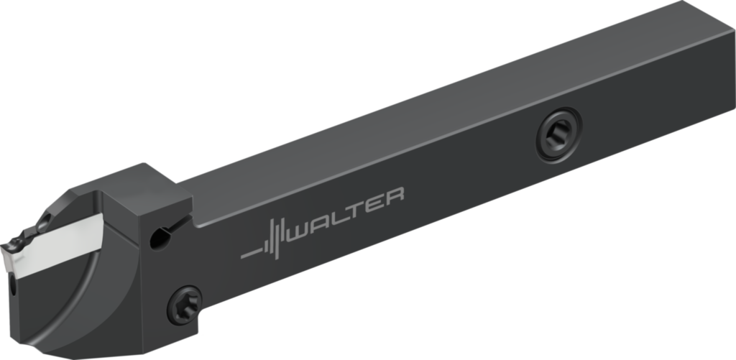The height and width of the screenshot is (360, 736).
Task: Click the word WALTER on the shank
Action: [x=345, y=215]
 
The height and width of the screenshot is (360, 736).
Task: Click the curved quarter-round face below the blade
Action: [x=93, y=302]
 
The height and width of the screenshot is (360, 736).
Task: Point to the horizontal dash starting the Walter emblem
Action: [x=251, y=253]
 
